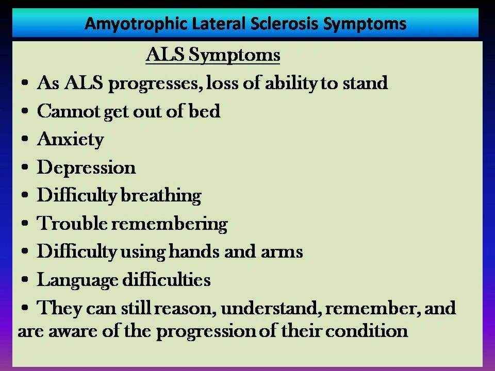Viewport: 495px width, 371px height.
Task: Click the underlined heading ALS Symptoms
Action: pos(213,55)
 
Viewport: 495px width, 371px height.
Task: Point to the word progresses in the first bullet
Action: pos(155,84)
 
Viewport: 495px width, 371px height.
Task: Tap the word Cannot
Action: pos(69,111)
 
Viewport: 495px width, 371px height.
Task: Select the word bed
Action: pos(204,111)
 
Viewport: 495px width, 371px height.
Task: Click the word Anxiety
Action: pos(71,140)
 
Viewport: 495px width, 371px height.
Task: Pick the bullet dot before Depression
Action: pos(25,167)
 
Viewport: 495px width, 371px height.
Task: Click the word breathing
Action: pos(161,196)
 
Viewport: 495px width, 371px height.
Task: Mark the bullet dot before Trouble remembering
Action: pos(25,223)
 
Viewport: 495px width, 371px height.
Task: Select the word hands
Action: pos(194,251)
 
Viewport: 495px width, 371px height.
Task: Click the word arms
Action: pos(282,252)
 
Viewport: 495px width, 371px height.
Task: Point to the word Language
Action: pos(78,280)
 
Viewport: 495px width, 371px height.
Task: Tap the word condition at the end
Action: pos(367,331)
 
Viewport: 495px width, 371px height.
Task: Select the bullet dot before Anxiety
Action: pos(25,139)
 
